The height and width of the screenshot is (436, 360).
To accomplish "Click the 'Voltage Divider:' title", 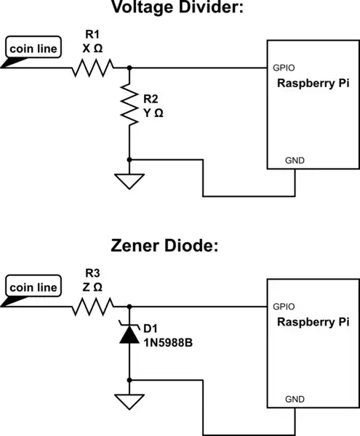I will click(x=180, y=9).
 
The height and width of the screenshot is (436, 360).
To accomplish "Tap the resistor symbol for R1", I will click(x=93, y=68).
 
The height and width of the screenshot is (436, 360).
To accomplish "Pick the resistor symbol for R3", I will click(x=93, y=309).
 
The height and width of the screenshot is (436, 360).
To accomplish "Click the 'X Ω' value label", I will click(x=93, y=47).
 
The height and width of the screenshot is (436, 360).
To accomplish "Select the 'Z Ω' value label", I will click(x=92, y=287).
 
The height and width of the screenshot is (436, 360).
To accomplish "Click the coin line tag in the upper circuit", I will click(x=33, y=48).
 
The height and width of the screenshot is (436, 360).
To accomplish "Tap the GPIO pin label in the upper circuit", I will click(x=283, y=66).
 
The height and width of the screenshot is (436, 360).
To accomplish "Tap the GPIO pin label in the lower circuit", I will click(x=283, y=307).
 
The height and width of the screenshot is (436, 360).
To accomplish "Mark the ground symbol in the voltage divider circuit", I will click(x=129, y=181).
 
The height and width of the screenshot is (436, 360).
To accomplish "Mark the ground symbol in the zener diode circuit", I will click(x=129, y=402).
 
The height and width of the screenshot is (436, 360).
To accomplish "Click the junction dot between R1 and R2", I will click(x=129, y=68).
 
